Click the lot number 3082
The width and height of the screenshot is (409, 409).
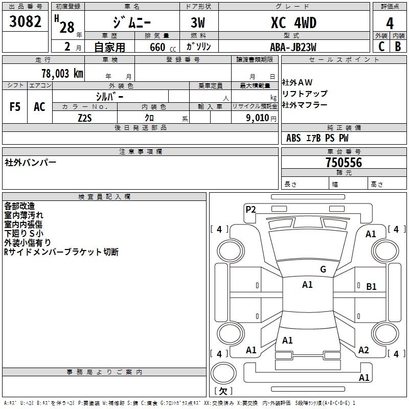(26, 22)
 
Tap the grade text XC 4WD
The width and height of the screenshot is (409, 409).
(293, 23)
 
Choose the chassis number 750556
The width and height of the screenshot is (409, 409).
(344, 163)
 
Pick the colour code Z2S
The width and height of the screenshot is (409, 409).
(85, 117)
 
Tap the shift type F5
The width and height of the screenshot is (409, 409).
(15, 107)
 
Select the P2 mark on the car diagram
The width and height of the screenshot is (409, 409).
(251, 209)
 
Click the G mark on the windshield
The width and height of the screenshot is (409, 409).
(323, 269)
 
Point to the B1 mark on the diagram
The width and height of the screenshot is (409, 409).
(371, 287)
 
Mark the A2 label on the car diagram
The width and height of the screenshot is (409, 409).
(363, 350)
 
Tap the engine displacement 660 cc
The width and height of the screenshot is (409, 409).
(156, 47)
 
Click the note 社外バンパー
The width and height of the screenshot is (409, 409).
(31, 163)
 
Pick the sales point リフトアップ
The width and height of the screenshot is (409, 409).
(305, 94)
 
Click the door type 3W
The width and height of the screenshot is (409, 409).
(199, 23)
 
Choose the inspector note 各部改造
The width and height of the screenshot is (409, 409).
(19, 206)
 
